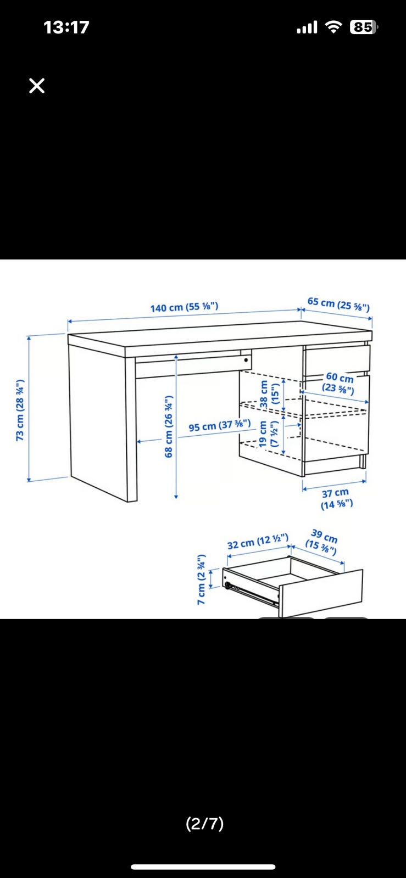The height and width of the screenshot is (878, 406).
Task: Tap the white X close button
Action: coord(37,86)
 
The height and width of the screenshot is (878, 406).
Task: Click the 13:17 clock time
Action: coord(66,27)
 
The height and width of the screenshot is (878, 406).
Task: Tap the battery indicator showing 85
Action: coord(364,27)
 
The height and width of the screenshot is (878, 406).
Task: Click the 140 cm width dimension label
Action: coord(184,307)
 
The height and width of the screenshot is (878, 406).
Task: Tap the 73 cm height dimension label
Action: coord(20,410)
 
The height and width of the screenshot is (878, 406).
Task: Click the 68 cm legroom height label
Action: coord(169,426)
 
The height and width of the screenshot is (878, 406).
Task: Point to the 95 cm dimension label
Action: coord(219,425)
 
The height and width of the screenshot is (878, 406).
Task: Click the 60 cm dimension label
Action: coord(338,382)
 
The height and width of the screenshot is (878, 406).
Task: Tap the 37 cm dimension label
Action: coord(336,499)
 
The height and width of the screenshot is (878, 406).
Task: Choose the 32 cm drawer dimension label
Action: coord(258,541)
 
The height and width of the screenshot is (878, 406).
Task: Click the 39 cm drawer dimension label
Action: coord(322,542)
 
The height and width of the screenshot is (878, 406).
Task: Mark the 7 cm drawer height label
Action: coord(201,579)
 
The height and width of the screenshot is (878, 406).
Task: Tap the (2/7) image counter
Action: coord(205,823)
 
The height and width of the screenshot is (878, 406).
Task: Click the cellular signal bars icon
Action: coord(307,27)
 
